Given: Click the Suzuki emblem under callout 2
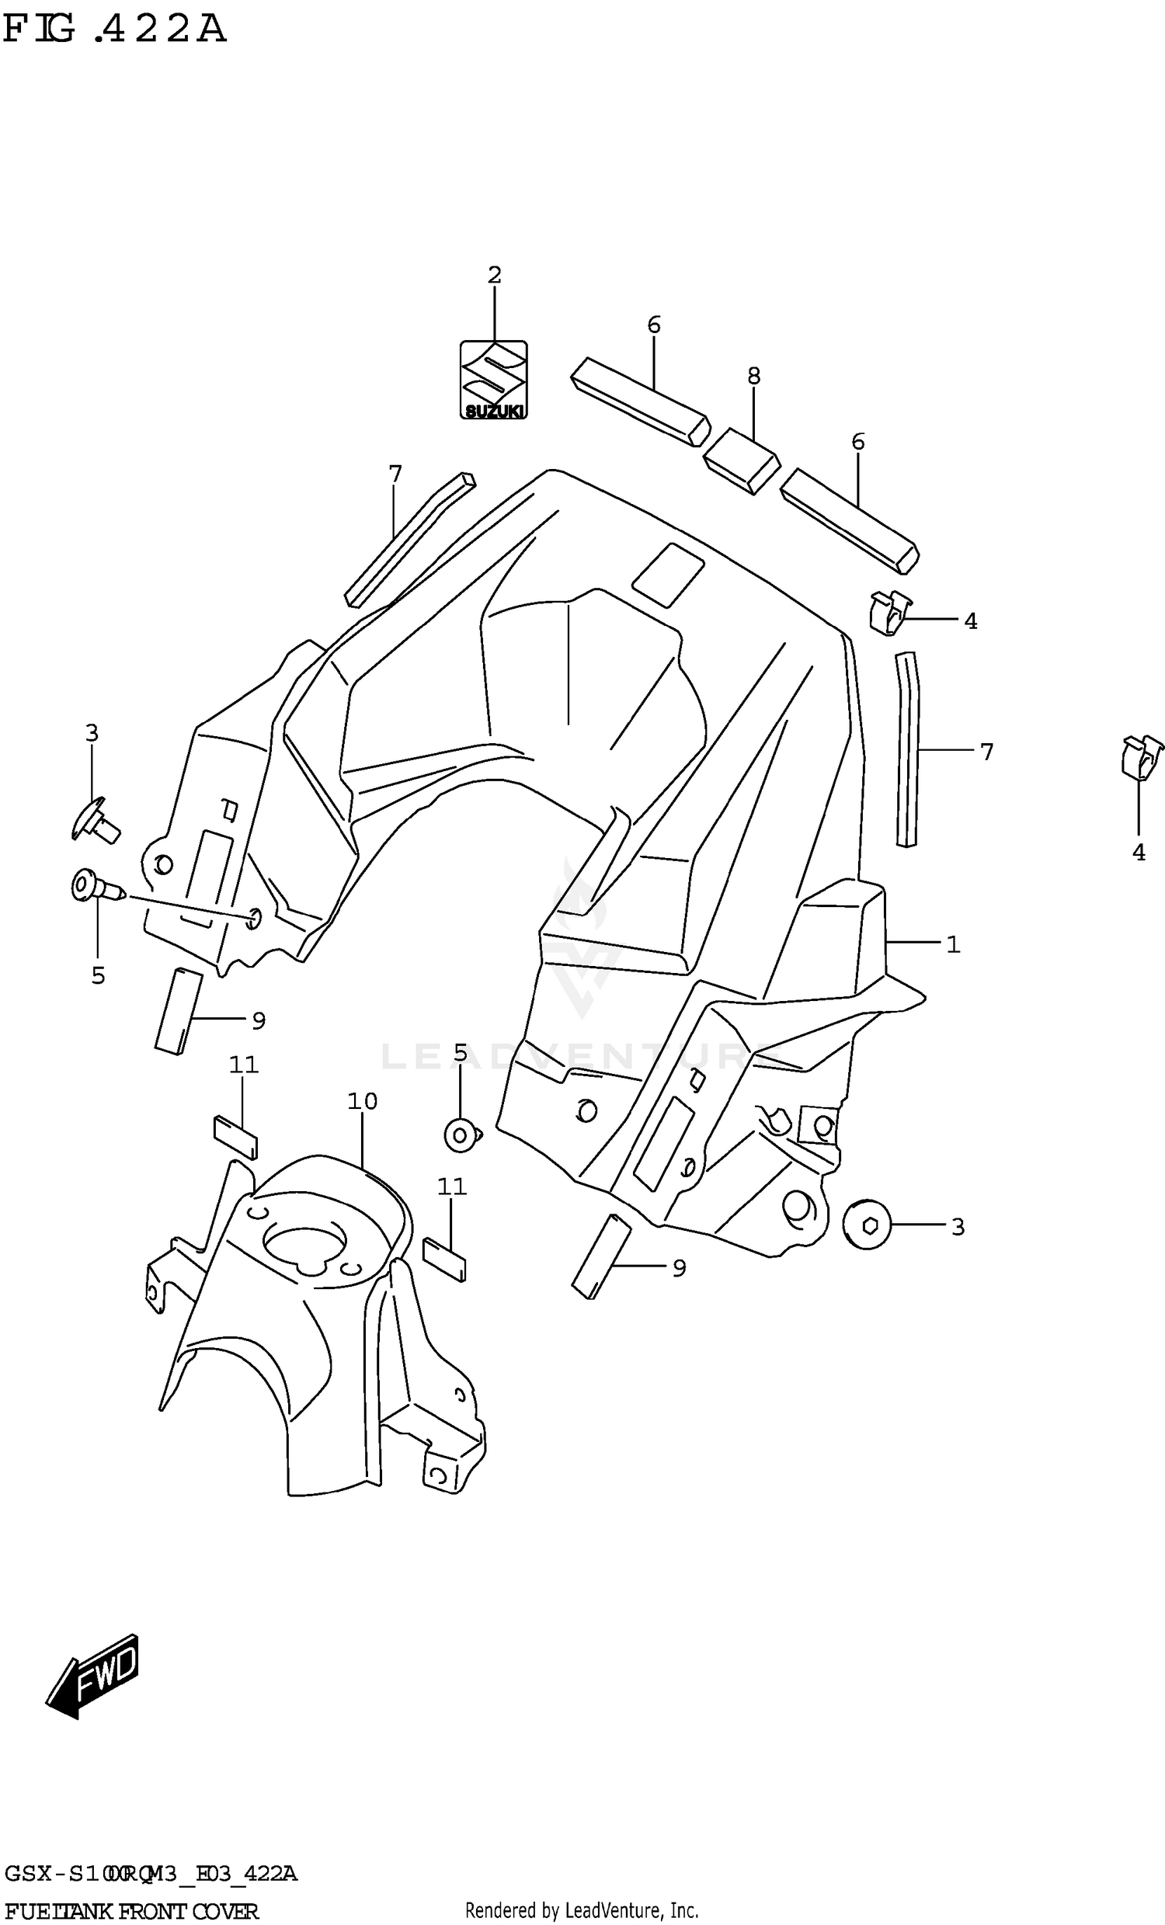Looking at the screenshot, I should [493, 380].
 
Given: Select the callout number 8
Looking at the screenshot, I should [753, 376].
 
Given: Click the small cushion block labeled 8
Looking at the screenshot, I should [741, 461].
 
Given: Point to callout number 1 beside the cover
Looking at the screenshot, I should [952, 944].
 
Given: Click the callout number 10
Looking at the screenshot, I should [363, 1101].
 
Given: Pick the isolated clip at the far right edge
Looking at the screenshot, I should [1140, 757].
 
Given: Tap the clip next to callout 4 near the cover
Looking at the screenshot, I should [890, 613].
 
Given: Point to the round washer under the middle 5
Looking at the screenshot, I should [462, 1134].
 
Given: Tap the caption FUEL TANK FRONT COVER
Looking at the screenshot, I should [130, 1911].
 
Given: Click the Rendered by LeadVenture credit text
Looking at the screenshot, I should [581, 1911].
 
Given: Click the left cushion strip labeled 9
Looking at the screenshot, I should [178, 1012].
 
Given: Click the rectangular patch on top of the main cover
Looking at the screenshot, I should [667, 575].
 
